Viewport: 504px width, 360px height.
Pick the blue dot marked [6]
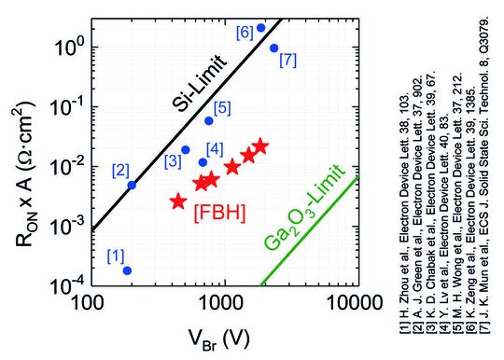click(x=261, y=28)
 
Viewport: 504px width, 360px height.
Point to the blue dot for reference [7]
click(x=274, y=48)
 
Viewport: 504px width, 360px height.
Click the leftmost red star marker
click(x=178, y=201)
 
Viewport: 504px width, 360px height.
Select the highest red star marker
click(x=260, y=146)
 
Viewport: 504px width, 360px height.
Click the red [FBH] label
click(x=219, y=212)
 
